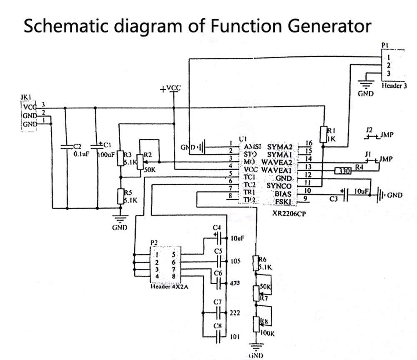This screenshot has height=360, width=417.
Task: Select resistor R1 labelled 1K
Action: [x=323, y=135]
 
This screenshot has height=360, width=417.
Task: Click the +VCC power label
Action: [x=171, y=88]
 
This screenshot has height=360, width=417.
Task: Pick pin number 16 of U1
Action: [x=309, y=144]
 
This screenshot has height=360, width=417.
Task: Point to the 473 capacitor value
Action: [x=235, y=283]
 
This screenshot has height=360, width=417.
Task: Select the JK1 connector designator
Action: [x=26, y=97]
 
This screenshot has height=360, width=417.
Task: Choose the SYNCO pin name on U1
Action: [x=279, y=185]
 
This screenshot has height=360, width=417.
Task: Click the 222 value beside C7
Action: [x=235, y=312]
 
